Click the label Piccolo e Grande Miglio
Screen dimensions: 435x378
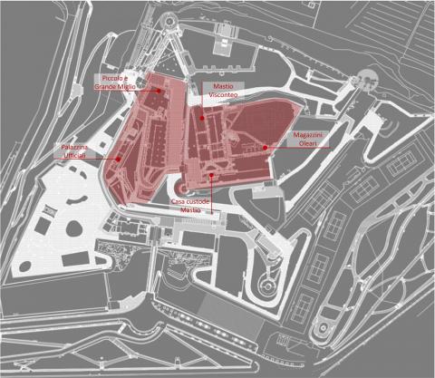tap(115, 82)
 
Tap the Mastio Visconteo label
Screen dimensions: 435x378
tap(223, 91)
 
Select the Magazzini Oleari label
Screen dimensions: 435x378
tap(307, 139)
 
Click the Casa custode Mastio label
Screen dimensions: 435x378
tap(190, 206)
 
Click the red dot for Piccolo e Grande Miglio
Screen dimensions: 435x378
tap(159, 91)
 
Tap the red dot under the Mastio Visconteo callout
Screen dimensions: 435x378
tap(202, 118)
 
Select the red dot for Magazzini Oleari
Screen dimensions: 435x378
tap(265, 148)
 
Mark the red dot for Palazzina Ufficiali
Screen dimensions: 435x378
tap(118, 159)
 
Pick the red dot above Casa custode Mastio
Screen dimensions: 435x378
tap(211, 175)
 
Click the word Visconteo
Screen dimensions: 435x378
tap(223, 94)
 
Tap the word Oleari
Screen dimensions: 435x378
tap(307, 143)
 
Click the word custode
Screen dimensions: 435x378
tap(198, 201)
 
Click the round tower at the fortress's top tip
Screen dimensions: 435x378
tap(169, 21)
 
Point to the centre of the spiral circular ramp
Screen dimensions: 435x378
tap(267, 285)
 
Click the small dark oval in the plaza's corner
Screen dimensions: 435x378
tap(24, 267)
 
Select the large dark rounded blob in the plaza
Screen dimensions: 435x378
tap(74, 228)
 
